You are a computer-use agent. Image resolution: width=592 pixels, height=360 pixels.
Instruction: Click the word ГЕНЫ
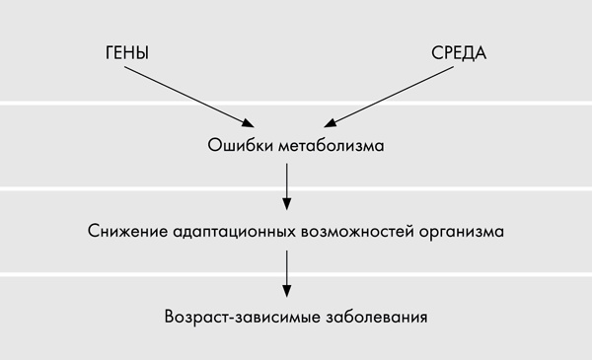(x=126, y=52)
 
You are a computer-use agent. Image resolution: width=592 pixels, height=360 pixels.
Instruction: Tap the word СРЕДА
(x=459, y=52)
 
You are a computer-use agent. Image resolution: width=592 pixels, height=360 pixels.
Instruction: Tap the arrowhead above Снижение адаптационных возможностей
(x=286, y=204)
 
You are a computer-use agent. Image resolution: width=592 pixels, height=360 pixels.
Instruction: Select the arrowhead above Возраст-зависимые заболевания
(x=286, y=291)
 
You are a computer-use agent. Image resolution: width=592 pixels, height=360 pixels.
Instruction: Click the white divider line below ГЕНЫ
(x=99, y=102)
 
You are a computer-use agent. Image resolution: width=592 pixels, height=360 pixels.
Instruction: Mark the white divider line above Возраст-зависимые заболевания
(x=99, y=274)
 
